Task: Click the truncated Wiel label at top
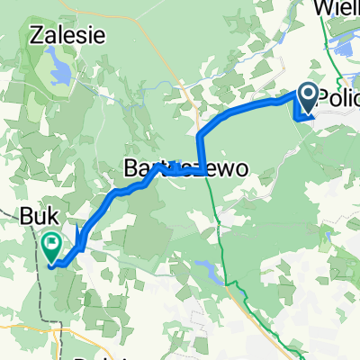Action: click(x=337, y=10)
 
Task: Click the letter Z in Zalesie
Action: click(x=35, y=37)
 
